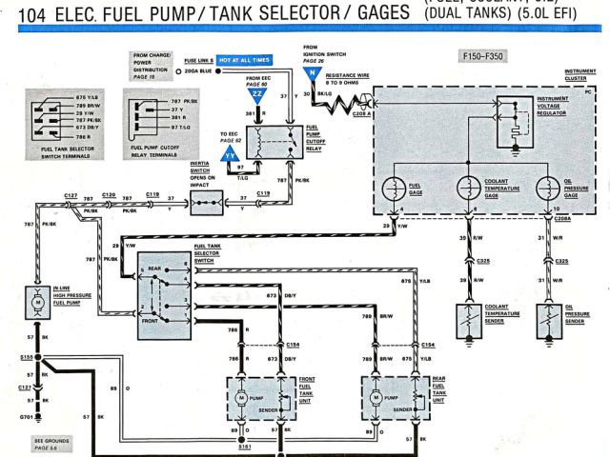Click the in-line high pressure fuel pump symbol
point(37,300)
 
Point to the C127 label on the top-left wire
point(71,194)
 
